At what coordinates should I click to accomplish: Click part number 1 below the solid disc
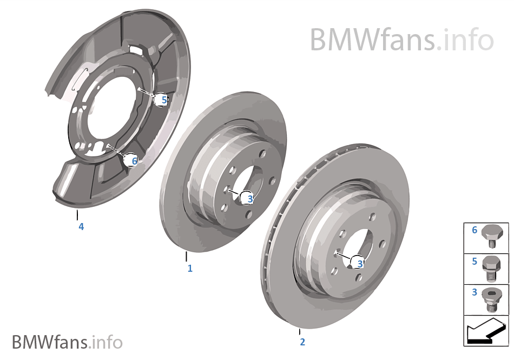190,268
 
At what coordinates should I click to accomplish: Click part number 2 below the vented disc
302,342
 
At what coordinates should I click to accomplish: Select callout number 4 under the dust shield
81,227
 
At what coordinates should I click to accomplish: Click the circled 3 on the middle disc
248,199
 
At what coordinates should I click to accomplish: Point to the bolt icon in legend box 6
492,238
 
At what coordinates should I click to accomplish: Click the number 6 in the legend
475,230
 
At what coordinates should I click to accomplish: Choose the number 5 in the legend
475,261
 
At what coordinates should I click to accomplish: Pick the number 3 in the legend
475,292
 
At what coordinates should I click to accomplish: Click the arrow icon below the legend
486,330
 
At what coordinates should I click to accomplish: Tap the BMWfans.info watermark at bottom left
67,342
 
